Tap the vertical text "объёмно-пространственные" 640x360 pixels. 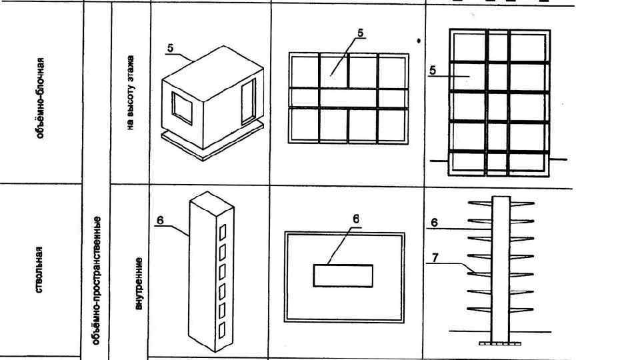click(96, 279)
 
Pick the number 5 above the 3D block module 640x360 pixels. click(171, 48)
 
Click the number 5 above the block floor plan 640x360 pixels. click(360, 33)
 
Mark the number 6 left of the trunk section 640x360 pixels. click(434, 223)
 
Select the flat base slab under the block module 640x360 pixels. click(213, 144)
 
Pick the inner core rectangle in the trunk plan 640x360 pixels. click(343, 275)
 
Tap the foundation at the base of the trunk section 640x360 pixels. click(499, 343)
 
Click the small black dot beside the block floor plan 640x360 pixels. click(419, 41)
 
